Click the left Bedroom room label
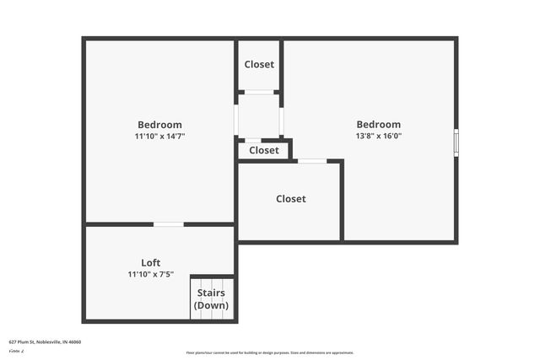click(x=159, y=125)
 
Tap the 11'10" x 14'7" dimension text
click(x=159, y=136)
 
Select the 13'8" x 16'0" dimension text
click(x=378, y=136)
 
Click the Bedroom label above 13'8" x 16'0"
click(x=378, y=125)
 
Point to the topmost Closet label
click(x=259, y=65)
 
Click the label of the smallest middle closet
click(x=263, y=150)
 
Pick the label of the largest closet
click(x=290, y=199)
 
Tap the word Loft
click(x=150, y=262)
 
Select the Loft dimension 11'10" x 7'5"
click(x=150, y=274)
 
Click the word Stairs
click(x=211, y=293)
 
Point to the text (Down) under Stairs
click(x=211, y=304)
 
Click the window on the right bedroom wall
click(x=456, y=142)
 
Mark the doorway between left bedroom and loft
click(x=168, y=224)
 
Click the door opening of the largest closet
click(x=312, y=161)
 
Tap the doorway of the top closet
click(x=259, y=92)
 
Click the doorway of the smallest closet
click(x=253, y=140)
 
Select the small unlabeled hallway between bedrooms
click(x=258, y=116)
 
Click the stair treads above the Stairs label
click(x=211, y=282)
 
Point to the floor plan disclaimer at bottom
click(x=269, y=352)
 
